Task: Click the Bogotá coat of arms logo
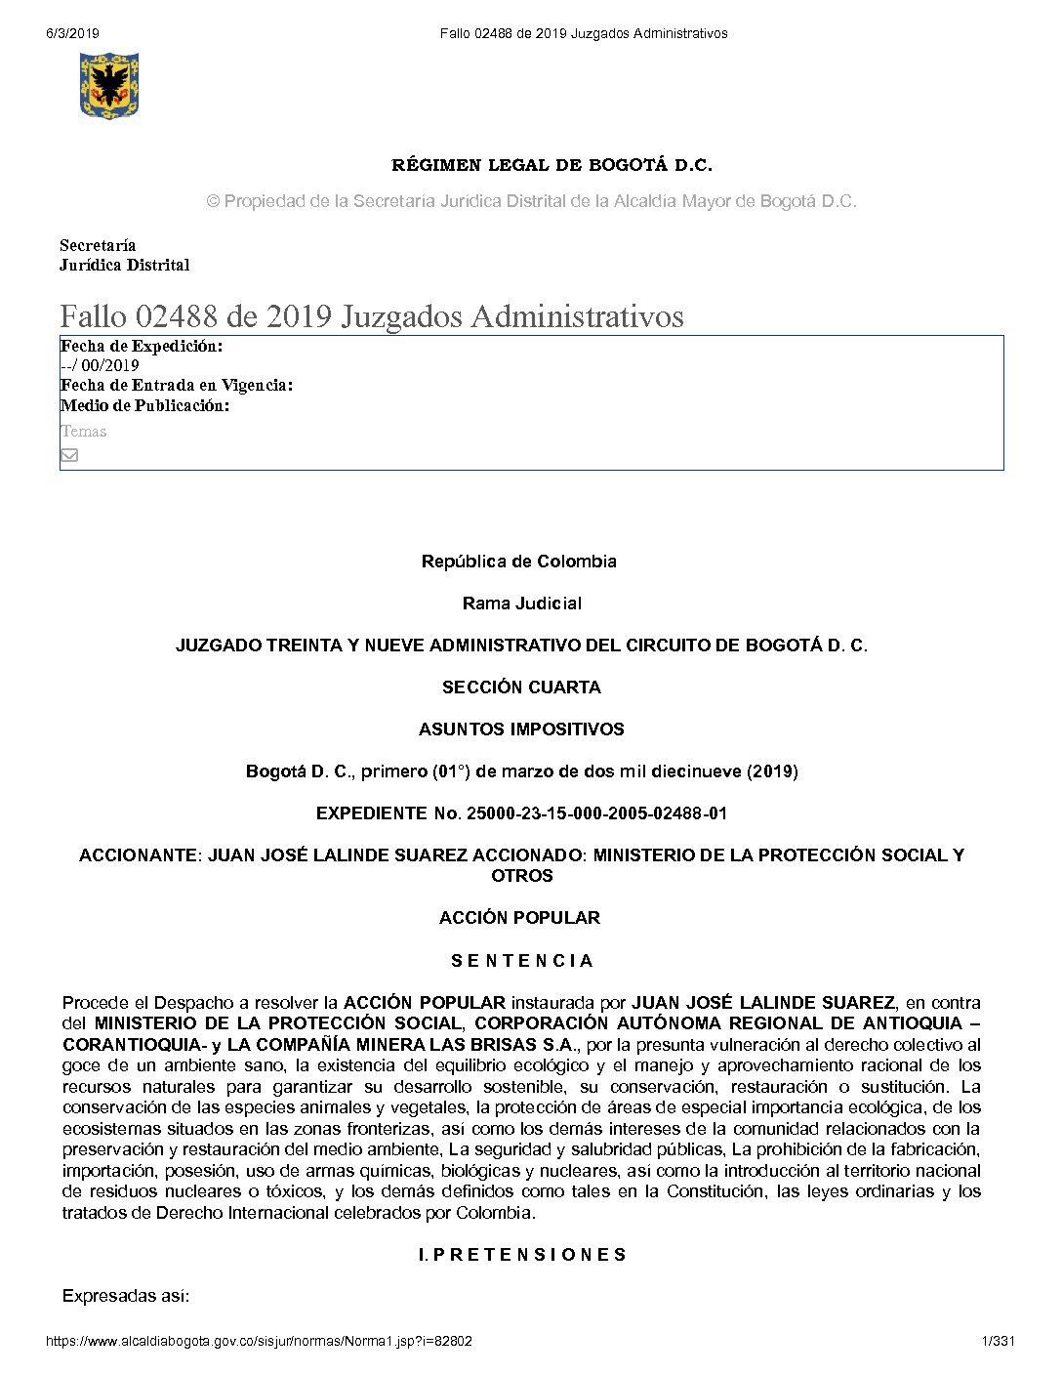(108, 86)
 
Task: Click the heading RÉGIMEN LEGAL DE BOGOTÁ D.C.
(551, 165)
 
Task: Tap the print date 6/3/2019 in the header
(72, 33)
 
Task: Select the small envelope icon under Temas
(69, 455)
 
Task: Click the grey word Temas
(83, 431)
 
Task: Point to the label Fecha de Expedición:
(142, 346)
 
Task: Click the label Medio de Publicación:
(144, 405)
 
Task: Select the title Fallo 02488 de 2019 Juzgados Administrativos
(372, 316)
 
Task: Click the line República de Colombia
(518, 562)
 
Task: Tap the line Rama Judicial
(521, 604)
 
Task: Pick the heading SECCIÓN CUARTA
(521, 687)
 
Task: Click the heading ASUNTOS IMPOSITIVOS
(521, 729)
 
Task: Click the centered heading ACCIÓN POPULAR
(519, 918)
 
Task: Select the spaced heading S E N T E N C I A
(521, 961)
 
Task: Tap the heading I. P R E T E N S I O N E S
(521, 1255)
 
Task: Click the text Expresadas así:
(125, 1297)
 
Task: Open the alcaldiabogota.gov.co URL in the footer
(259, 1341)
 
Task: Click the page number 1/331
(998, 1341)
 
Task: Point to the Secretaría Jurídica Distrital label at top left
(124, 255)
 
